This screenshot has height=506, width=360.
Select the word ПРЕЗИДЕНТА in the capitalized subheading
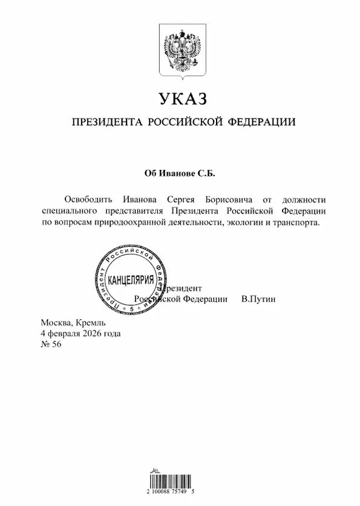pyautogui.click(x=106, y=123)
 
